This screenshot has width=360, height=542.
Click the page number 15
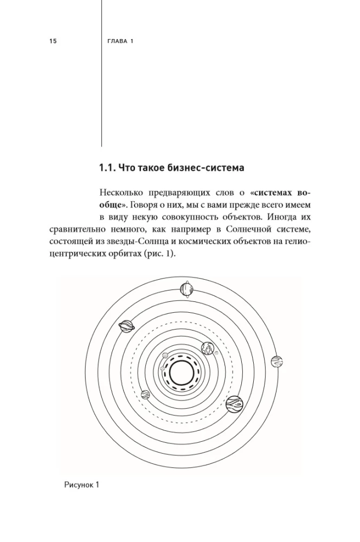point(53,41)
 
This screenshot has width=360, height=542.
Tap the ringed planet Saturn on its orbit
point(127,326)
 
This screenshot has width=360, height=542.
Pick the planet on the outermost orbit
point(277,362)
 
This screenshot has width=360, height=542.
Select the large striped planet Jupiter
point(234,403)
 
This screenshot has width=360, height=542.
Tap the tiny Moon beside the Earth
point(216,353)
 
